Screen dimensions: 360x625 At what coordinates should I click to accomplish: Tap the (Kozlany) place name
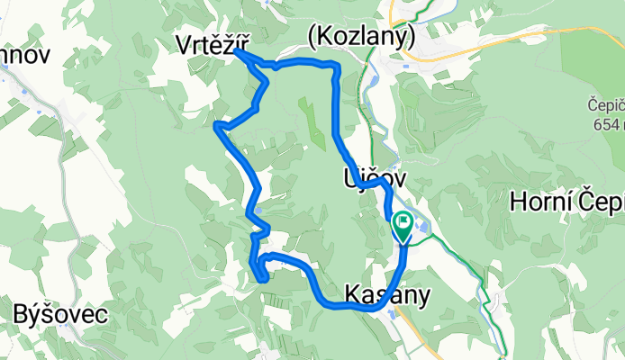[x=360, y=37]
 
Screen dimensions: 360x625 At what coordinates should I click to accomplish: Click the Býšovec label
[x=61, y=315]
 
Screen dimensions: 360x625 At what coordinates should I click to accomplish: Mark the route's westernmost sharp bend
[x=216, y=127]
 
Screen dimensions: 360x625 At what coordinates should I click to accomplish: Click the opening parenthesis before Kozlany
[x=312, y=37]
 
